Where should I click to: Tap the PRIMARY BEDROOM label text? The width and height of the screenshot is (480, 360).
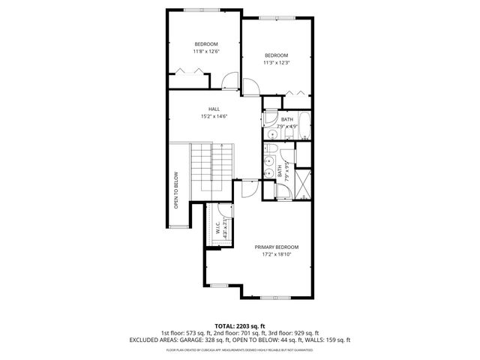coord(276,247)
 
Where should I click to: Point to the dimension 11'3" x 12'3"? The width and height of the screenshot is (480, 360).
coord(276,63)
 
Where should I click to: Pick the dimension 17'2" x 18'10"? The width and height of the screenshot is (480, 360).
coord(276,254)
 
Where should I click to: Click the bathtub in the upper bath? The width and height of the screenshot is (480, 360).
coord(301,122)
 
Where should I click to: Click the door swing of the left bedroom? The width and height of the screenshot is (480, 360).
coord(230,80)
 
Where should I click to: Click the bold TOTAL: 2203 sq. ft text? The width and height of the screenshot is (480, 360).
coord(240,325)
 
